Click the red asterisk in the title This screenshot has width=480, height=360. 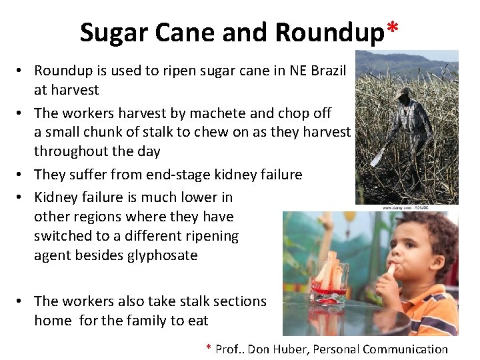pos(393,28)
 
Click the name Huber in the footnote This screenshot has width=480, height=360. pos(288,349)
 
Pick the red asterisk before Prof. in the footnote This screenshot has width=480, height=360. pos(209,348)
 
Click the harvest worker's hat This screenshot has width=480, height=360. pos(404,92)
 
